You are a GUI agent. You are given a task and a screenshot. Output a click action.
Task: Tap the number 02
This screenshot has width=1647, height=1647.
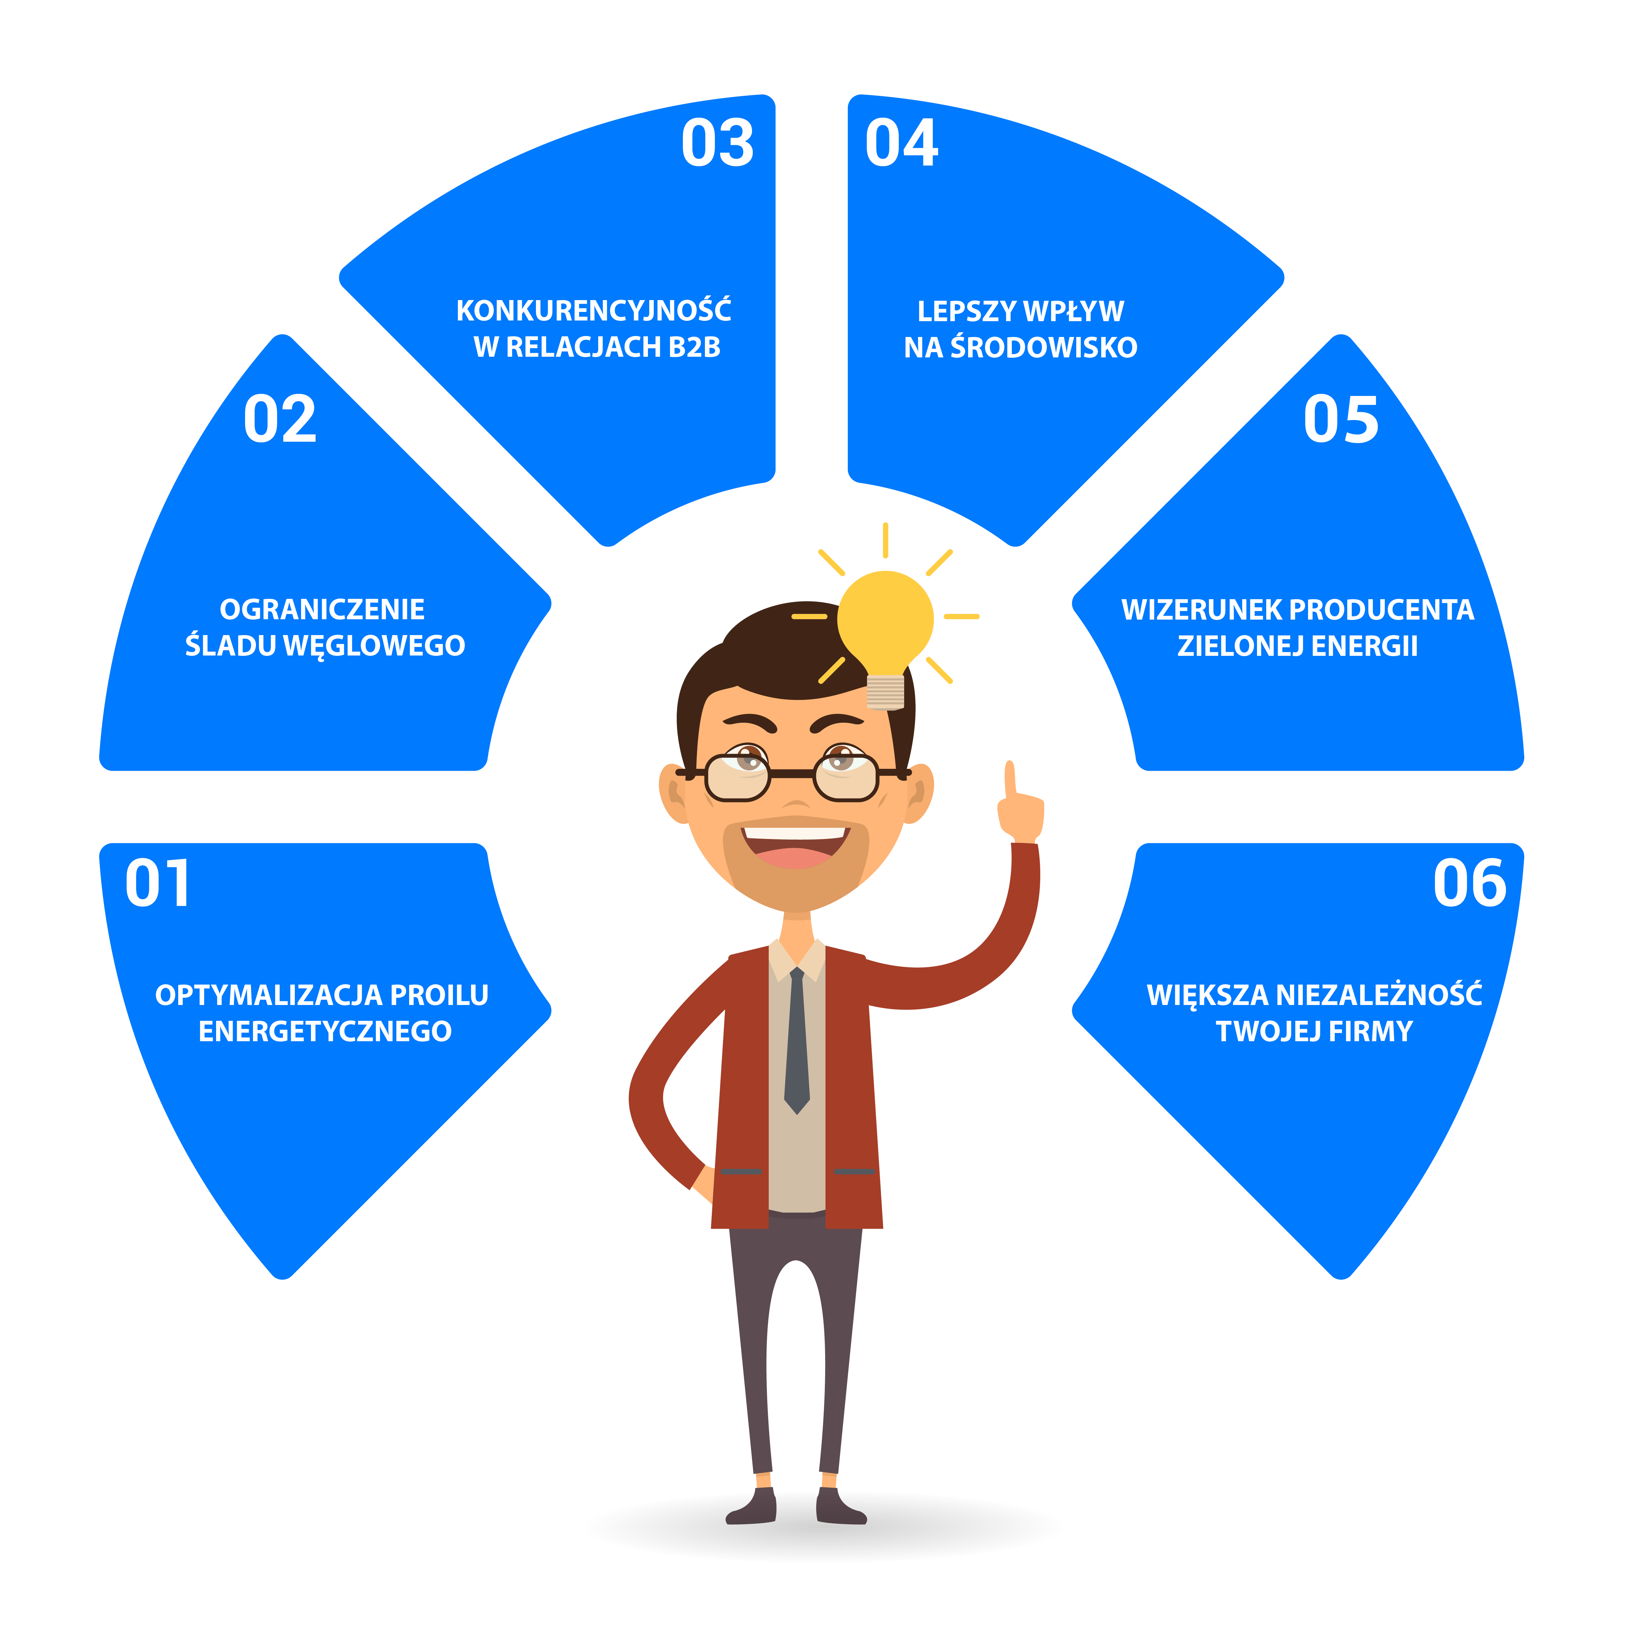click(x=280, y=419)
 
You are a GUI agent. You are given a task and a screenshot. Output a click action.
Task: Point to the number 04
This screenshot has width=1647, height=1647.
click(x=901, y=143)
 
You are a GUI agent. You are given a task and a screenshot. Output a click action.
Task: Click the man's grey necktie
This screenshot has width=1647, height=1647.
click(x=796, y=1040)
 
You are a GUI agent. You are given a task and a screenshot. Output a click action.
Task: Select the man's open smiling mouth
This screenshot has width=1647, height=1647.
click(x=796, y=844)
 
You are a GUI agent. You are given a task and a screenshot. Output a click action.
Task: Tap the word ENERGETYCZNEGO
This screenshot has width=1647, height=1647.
click(x=325, y=1031)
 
